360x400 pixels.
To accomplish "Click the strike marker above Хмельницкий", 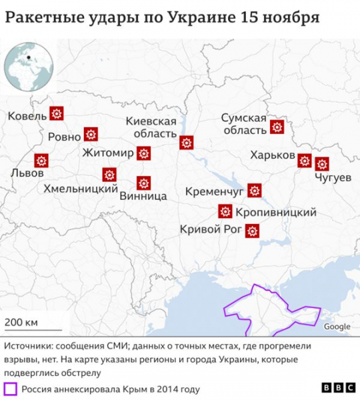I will click(x=109, y=175).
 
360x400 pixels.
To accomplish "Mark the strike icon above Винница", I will click(x=143, y=183).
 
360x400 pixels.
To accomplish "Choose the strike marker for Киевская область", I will click(x=187, y=142).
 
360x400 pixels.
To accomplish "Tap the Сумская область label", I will click(x=244, y=124).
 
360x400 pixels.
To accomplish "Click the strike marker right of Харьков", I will click(x=305, y=160).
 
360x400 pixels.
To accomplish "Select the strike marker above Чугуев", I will click(x=323, y=163).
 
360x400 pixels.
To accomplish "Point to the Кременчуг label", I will click(x=215, y=192).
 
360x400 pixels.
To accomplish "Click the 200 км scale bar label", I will click(x=22, y=323).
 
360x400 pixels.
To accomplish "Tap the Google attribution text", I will click(x=337, y=327).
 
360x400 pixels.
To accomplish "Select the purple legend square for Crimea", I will click(x=11, y=388).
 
